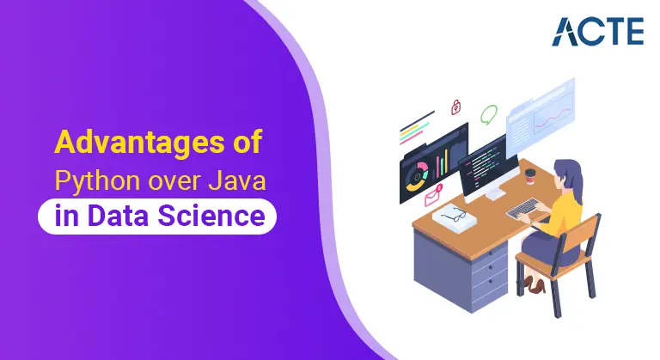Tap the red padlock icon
[x=455, y=107]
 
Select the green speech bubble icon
[x=489, y=113]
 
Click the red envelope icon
[x=433, y=196]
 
